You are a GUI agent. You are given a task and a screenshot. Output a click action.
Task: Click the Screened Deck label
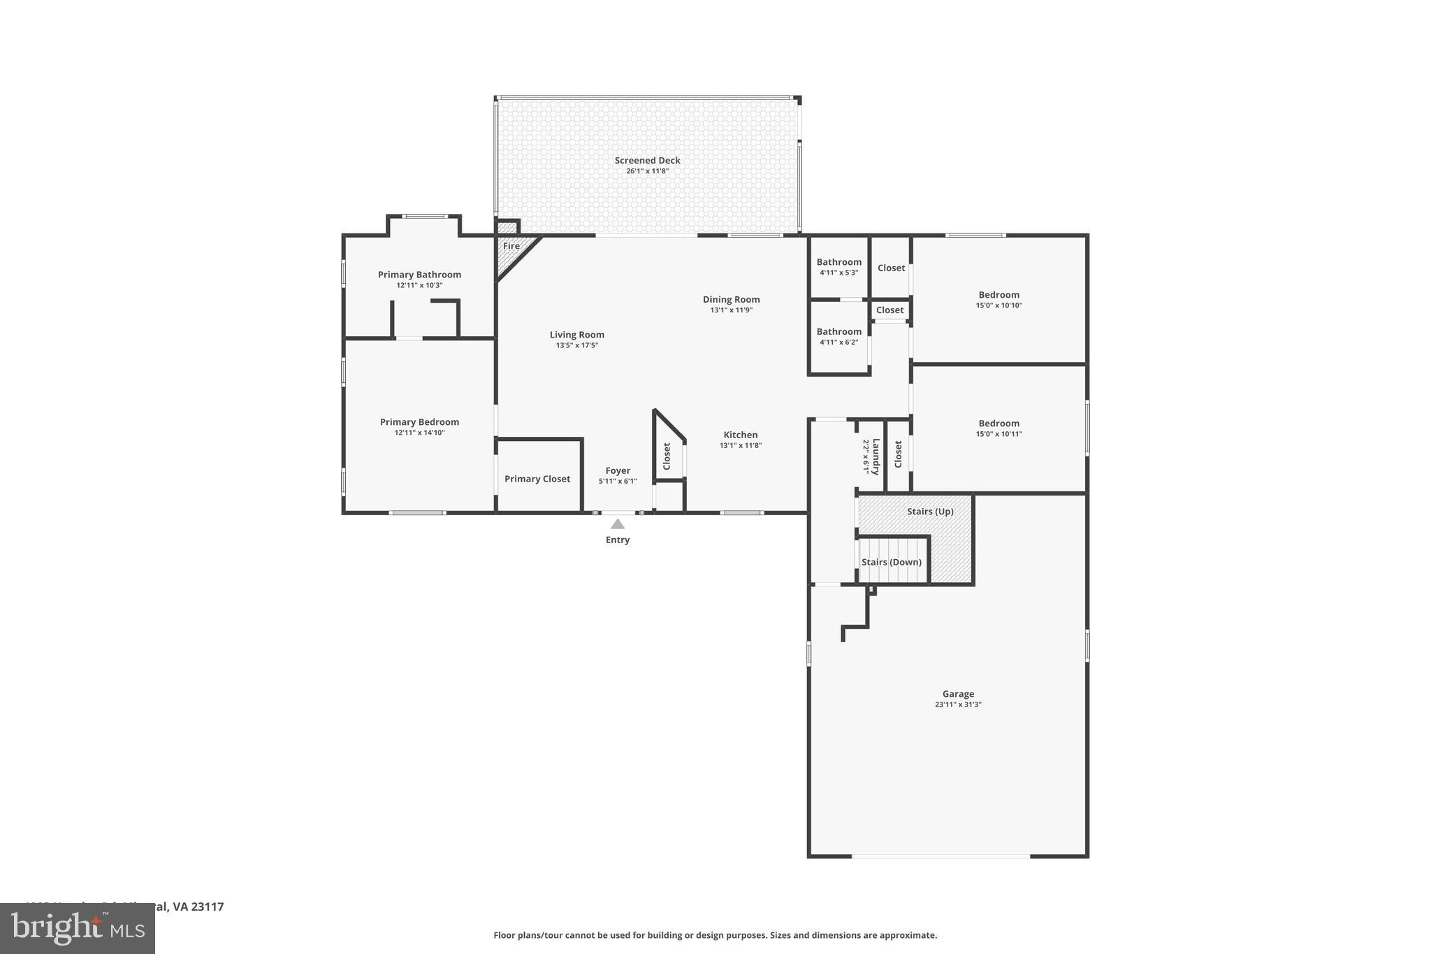click(647, 160)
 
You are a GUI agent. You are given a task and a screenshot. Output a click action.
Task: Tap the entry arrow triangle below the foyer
click(618, 523)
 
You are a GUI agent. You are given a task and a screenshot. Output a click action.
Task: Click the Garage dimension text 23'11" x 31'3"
click(958, 704)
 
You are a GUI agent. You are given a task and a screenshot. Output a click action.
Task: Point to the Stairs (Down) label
click(891, 562)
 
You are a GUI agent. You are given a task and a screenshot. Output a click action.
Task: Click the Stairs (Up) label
click(930, 512)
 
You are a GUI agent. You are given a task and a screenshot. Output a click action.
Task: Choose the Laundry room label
click(876, 456)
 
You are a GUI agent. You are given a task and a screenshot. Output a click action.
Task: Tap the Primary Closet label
click(537, 479)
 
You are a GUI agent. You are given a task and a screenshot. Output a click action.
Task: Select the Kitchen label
click(740, 435)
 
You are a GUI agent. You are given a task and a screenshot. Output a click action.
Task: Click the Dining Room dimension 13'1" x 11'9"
click(731, 310)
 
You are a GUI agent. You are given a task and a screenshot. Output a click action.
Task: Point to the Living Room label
click(576, 335)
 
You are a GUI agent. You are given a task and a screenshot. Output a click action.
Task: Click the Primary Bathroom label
click(419, 275)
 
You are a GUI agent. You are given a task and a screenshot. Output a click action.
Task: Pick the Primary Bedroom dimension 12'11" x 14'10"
click(419, 433)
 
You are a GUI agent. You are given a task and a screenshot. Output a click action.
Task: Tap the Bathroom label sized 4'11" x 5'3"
click(838, 262)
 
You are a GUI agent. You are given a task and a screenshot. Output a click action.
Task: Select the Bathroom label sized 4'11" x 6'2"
click(838, 331)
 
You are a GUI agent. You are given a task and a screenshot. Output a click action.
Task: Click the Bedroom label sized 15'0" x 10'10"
click(998, 295)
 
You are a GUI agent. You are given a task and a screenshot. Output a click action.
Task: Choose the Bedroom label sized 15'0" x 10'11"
click(998, 424)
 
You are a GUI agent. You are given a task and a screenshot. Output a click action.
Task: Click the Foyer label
click(618, 470)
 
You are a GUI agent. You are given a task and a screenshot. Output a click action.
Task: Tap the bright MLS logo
click(78, 928)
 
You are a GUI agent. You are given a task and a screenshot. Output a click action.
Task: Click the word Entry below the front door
click(618, 540)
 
